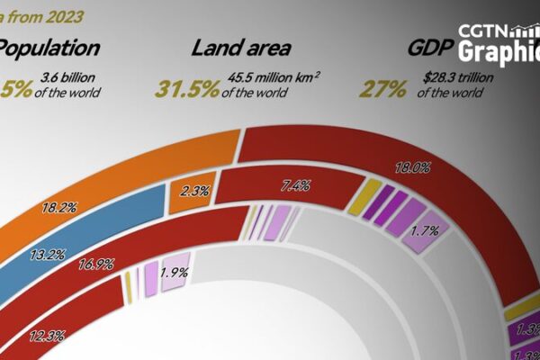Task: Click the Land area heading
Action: (238, 49)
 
